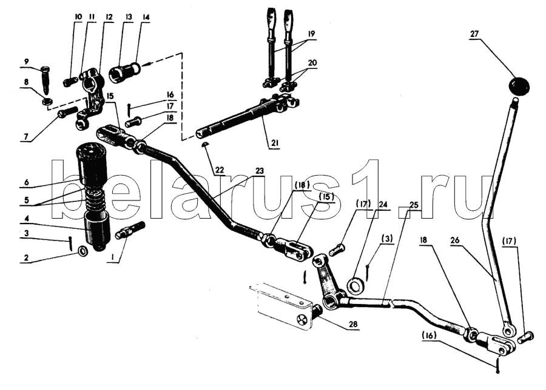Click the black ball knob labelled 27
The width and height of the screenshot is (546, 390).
point(519,85)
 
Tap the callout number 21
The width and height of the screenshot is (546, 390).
point(274,143)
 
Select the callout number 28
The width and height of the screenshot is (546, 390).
point(353,325)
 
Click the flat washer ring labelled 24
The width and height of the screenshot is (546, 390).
point(356,286)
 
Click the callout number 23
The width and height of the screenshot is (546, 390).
point(260,171)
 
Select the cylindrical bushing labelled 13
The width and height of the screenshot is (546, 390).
point(124,73)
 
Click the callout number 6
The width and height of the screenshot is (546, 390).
point(27,182)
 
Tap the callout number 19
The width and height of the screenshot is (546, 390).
point(311,34)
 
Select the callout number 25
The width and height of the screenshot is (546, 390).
point(414,205)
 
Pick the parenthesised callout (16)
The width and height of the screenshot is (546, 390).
point(429,335)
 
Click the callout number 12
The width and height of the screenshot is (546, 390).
point(109,17)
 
